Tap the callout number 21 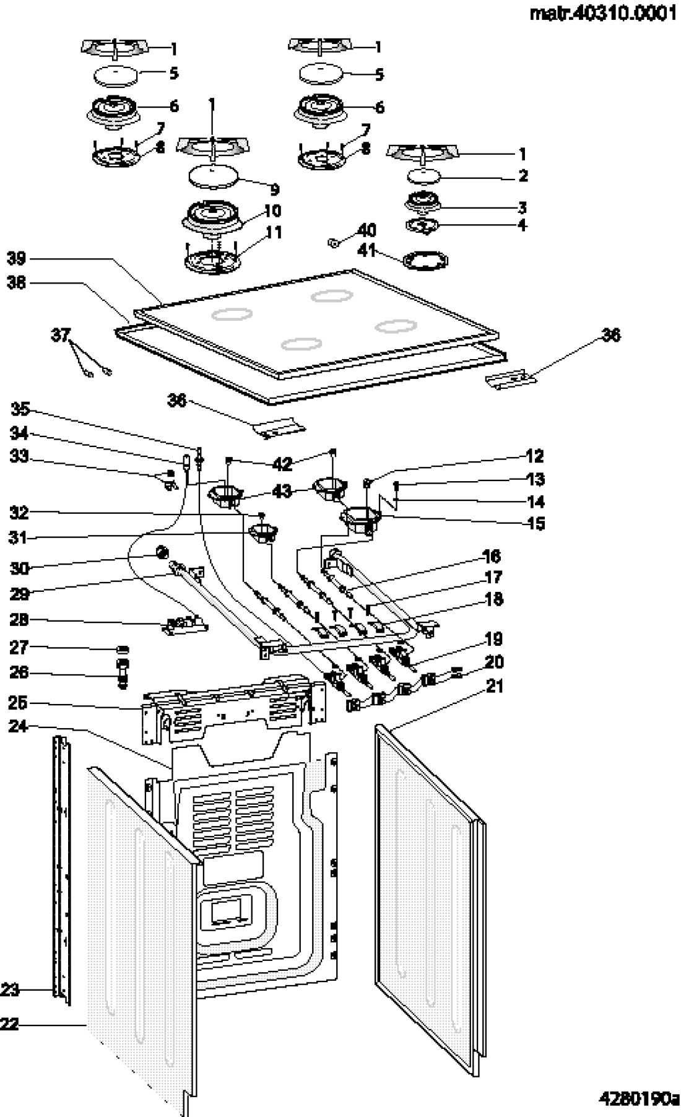[495, 686]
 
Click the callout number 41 [367, 250]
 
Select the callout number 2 [523, 176]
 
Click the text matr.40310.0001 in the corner [603, 14]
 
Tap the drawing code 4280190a [638, 1098]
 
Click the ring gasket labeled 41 [425, 261]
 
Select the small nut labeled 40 [334, 242]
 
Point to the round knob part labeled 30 [162, 551]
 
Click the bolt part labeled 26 [123, 672]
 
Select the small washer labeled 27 [123, 648]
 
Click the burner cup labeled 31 [262, 531]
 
